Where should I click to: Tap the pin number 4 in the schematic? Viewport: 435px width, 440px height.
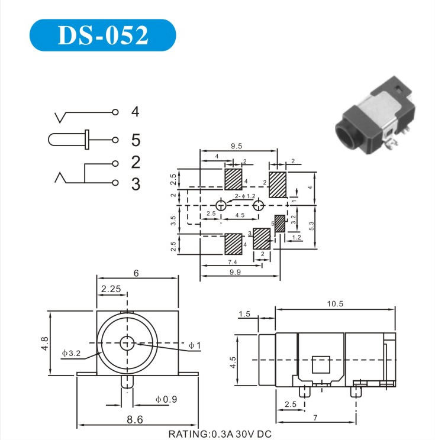pyautogui.click(x=136, y=111)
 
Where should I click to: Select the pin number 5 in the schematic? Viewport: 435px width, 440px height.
pyautogui.click(x=136, y=140)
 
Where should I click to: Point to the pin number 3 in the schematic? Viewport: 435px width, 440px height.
pyautogui.click(x=136, y=184)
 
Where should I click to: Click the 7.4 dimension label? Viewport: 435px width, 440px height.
pyautogui.click(x=232, y=261)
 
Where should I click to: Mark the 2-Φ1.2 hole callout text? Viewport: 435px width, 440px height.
pyautogui.click(x=244, y=196)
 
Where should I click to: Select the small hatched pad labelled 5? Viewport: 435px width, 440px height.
pyautogui.click(x=280, y=223)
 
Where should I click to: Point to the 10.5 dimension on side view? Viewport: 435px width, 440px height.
pyautogui.click(x=334, y=303)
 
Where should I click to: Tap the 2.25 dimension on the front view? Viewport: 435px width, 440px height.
pyautogui.click(x=111, y=289)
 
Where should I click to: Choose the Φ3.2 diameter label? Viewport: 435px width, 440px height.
pyautogui.click(x=71, y=353)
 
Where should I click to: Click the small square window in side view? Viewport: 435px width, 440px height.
pyautogui.click(x=321, y=364)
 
